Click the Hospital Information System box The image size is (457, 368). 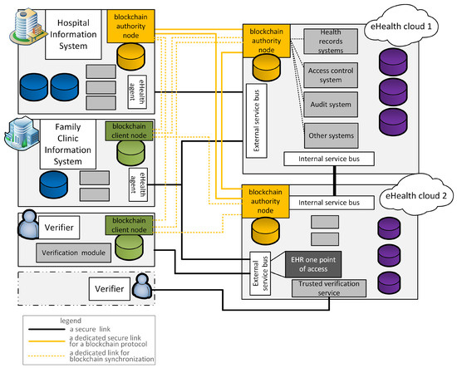(73, 34)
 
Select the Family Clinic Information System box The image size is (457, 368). (68, 144)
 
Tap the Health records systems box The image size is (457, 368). (331, 41)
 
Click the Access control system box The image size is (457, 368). (331, 75)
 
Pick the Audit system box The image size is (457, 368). (331, 105)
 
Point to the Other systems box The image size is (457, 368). (331, 135)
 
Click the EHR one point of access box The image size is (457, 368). (313, 264)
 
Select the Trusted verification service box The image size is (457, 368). (329, 288)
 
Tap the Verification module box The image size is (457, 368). (73, 253)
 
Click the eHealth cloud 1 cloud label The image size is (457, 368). (401, 27)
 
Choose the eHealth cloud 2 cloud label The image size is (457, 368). (416, 195)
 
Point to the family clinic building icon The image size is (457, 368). (22, 133)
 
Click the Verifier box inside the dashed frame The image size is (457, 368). (110, 289)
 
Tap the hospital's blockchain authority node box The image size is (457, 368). (130, 27)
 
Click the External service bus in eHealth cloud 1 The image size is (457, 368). (257, 120)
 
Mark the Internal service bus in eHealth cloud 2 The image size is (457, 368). (329, 203)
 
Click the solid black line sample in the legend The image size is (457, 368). (47, 330)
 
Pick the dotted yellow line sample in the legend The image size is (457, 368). (47, 356)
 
